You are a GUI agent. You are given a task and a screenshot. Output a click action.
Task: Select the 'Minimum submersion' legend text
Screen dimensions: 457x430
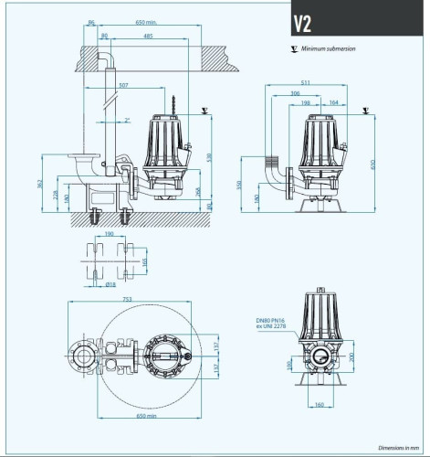[x=328, y=49]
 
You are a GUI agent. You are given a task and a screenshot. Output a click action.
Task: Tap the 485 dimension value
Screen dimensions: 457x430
[x=147, y=36]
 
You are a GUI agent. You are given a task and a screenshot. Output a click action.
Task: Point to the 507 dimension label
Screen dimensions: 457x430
[x=123, y=86]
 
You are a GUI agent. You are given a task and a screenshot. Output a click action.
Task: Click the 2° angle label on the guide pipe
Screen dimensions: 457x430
[x=128, y=120]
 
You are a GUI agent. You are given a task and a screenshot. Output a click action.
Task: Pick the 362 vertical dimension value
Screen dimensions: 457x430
[x=41, y=183]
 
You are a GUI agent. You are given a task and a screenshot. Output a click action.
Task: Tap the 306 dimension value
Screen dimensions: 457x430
[x=295, y=93]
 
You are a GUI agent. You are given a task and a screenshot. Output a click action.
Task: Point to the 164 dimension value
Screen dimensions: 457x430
[x=332, y=102]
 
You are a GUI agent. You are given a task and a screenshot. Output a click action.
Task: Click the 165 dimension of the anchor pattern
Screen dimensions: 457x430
[x=144, y=262]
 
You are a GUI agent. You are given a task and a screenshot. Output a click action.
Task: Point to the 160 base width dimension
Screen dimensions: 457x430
[x=318, y=403]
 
